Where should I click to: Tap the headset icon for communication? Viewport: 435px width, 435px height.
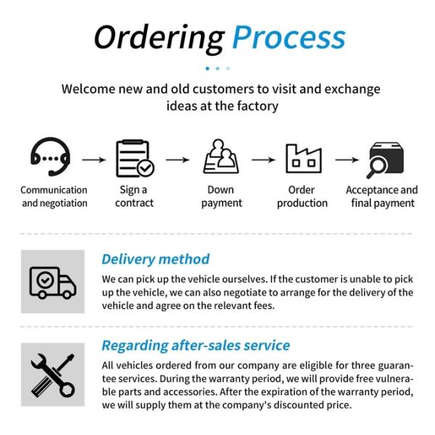click(50, 158)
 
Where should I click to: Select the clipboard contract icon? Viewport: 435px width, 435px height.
click(135, 159)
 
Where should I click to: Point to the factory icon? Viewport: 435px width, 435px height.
click(303, 158)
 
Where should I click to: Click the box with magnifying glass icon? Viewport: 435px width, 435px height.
click(384, 159)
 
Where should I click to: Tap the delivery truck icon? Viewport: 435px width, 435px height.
click(52, 281)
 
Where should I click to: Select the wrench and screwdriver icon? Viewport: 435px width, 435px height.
click(52, 374)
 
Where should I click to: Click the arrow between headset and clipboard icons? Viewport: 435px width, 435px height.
click(93, 159)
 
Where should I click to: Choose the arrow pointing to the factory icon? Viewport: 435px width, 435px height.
click(263, 159)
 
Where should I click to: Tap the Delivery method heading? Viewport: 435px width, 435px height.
click(155, 259)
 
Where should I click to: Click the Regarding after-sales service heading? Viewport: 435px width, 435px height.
click(195, 345)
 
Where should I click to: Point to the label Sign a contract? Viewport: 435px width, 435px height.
click(134, 196)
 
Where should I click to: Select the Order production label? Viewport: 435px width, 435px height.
click(302, 196)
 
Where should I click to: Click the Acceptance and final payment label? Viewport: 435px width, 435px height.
click(383, 196)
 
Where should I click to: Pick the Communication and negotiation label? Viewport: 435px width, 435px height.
click(54, 196)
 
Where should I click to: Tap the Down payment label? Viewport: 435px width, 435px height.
click(221, 196)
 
